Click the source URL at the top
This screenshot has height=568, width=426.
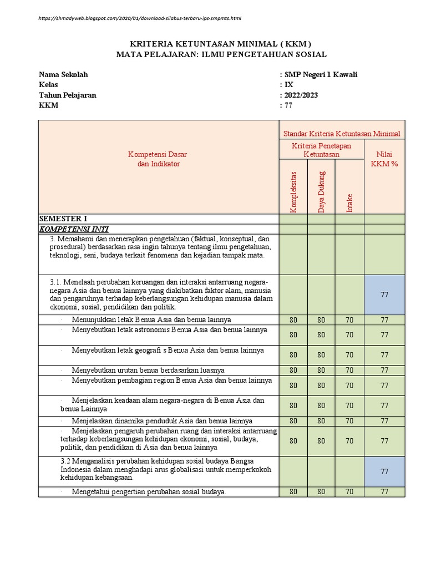pyautogui.click(x=140, y=18)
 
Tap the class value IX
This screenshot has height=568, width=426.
pyautogui.click(x=289, y=85)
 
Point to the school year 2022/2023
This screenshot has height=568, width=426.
pyautogui.click(x=301, y=95)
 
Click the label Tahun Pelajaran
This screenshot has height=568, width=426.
pyautogui.click(x=67, y=95)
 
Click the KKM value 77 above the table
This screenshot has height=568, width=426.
pyautogui.click(x=288, y=105)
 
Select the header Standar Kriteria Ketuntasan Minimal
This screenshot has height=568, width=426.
pyautogui.click(x=342, y=134)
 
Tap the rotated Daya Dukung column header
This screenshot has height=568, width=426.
pyautogui.click(x=321, y=191)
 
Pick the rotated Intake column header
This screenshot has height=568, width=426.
pyautogui.click(x=349, y=202)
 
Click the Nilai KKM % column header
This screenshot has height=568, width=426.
pyautogui.click(x=384, y=159)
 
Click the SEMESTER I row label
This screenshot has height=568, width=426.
pyautogui.click(x=63, y=219)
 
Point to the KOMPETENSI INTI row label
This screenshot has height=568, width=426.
pyautogui.click(x=74, y=229)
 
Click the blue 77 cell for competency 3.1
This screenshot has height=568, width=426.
pyautogui.click(x=384, y=295)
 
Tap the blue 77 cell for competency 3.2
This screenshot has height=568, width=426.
pyautogui.click(x=384, y=471)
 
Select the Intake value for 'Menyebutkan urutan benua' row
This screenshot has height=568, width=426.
pyautogui.click(x=349, y=370)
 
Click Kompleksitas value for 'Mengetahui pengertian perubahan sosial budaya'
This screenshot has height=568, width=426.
pyautogui.click(x=293, y=491)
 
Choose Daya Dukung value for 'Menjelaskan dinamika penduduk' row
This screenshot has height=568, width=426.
pyautogui.click(x=321, y=421)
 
